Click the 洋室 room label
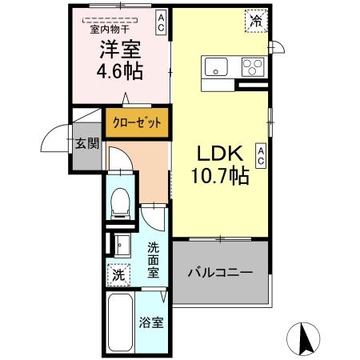coord(121,50)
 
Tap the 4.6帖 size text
coord(121,71)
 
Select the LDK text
coord(218,153)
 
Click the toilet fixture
coord(120,203)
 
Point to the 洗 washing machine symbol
coord(118,274)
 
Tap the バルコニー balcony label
coord(220,273)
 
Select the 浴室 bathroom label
coord(151,324)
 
